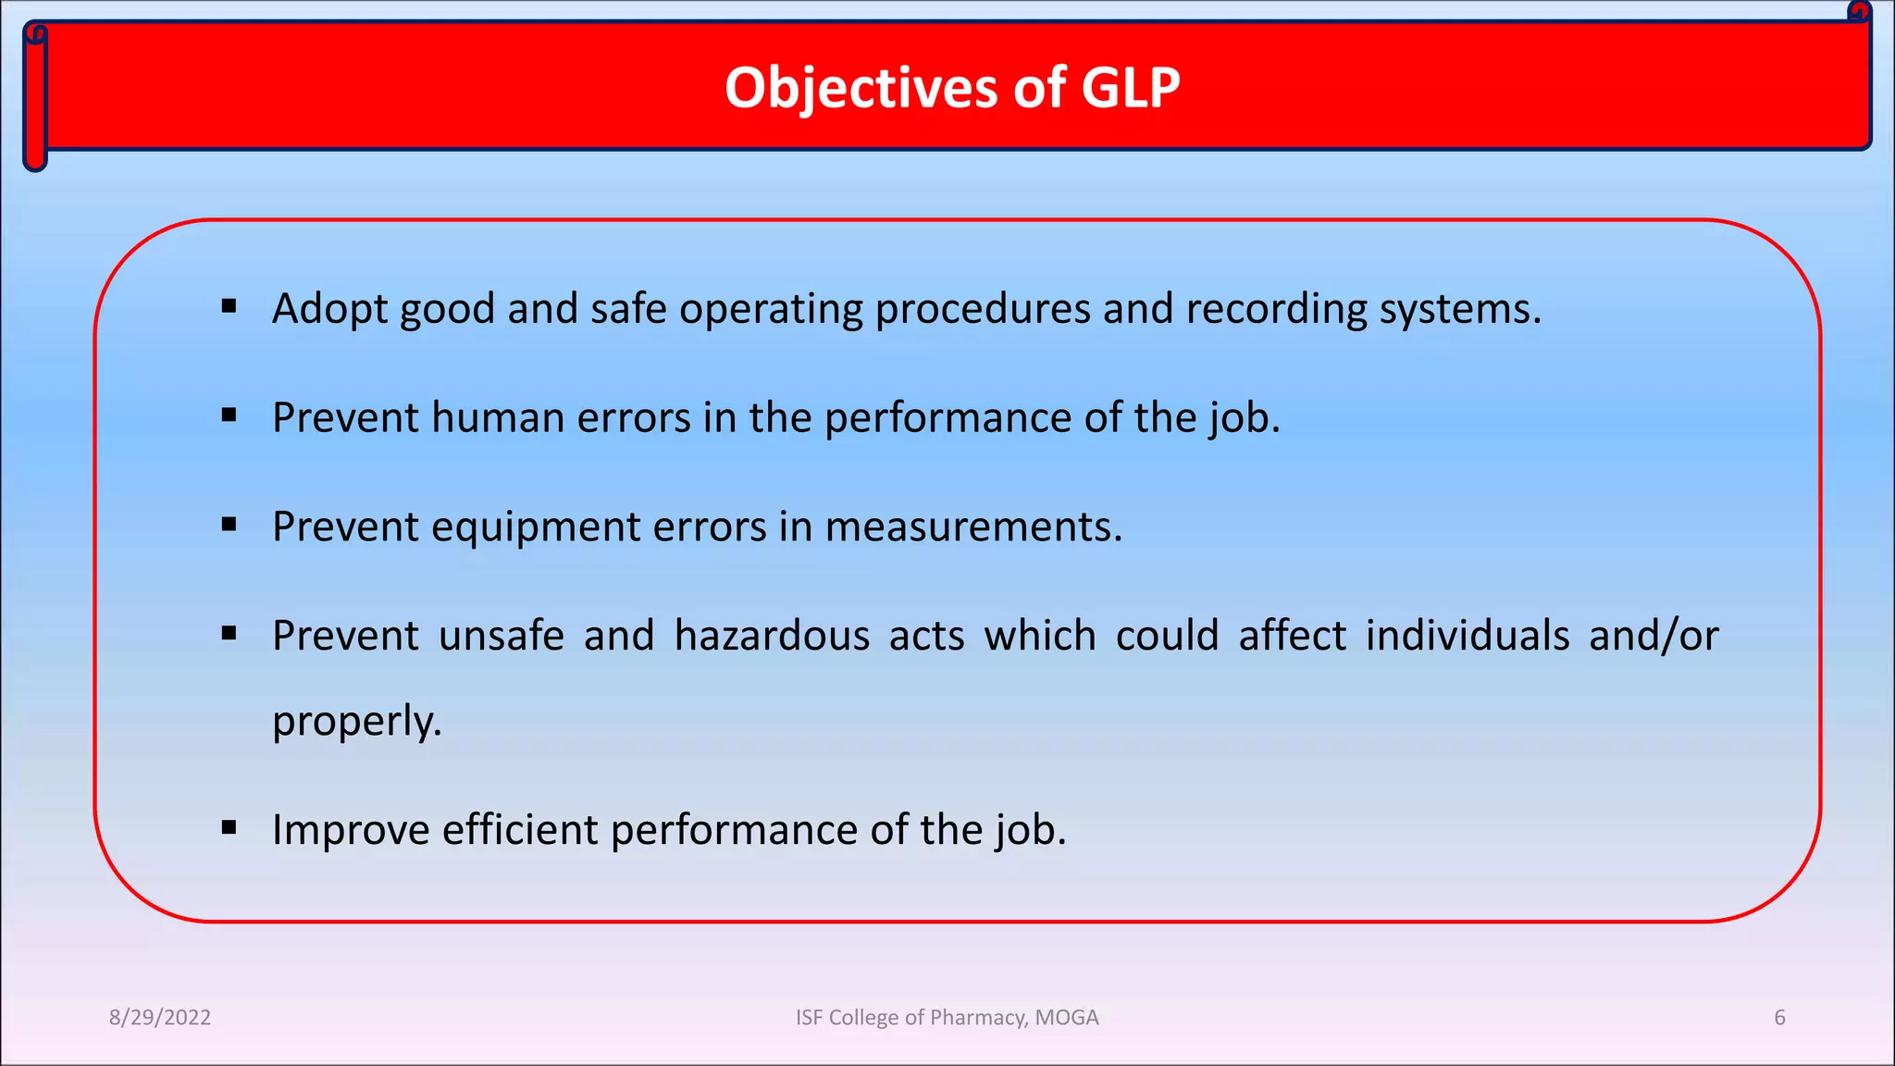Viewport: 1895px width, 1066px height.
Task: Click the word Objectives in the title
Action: coord(861,89)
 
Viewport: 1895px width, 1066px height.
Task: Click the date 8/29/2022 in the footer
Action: coord(160,1018)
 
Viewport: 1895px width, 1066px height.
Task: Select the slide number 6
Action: coord(1779,1018)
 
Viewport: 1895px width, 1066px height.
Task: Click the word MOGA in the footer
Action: coord(1067,1018)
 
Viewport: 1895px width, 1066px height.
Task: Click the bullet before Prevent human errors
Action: coord(229,415)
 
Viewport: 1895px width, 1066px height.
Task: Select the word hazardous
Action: coord(772,637)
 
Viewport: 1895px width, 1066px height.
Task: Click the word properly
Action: coord(356,722)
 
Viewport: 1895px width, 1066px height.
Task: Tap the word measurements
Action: coord(972,527)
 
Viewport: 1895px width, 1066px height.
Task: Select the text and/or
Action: coord(1653,637)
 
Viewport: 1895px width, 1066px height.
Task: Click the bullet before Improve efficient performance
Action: coord(229,827)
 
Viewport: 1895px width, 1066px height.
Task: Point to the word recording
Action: coord(1276,310)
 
